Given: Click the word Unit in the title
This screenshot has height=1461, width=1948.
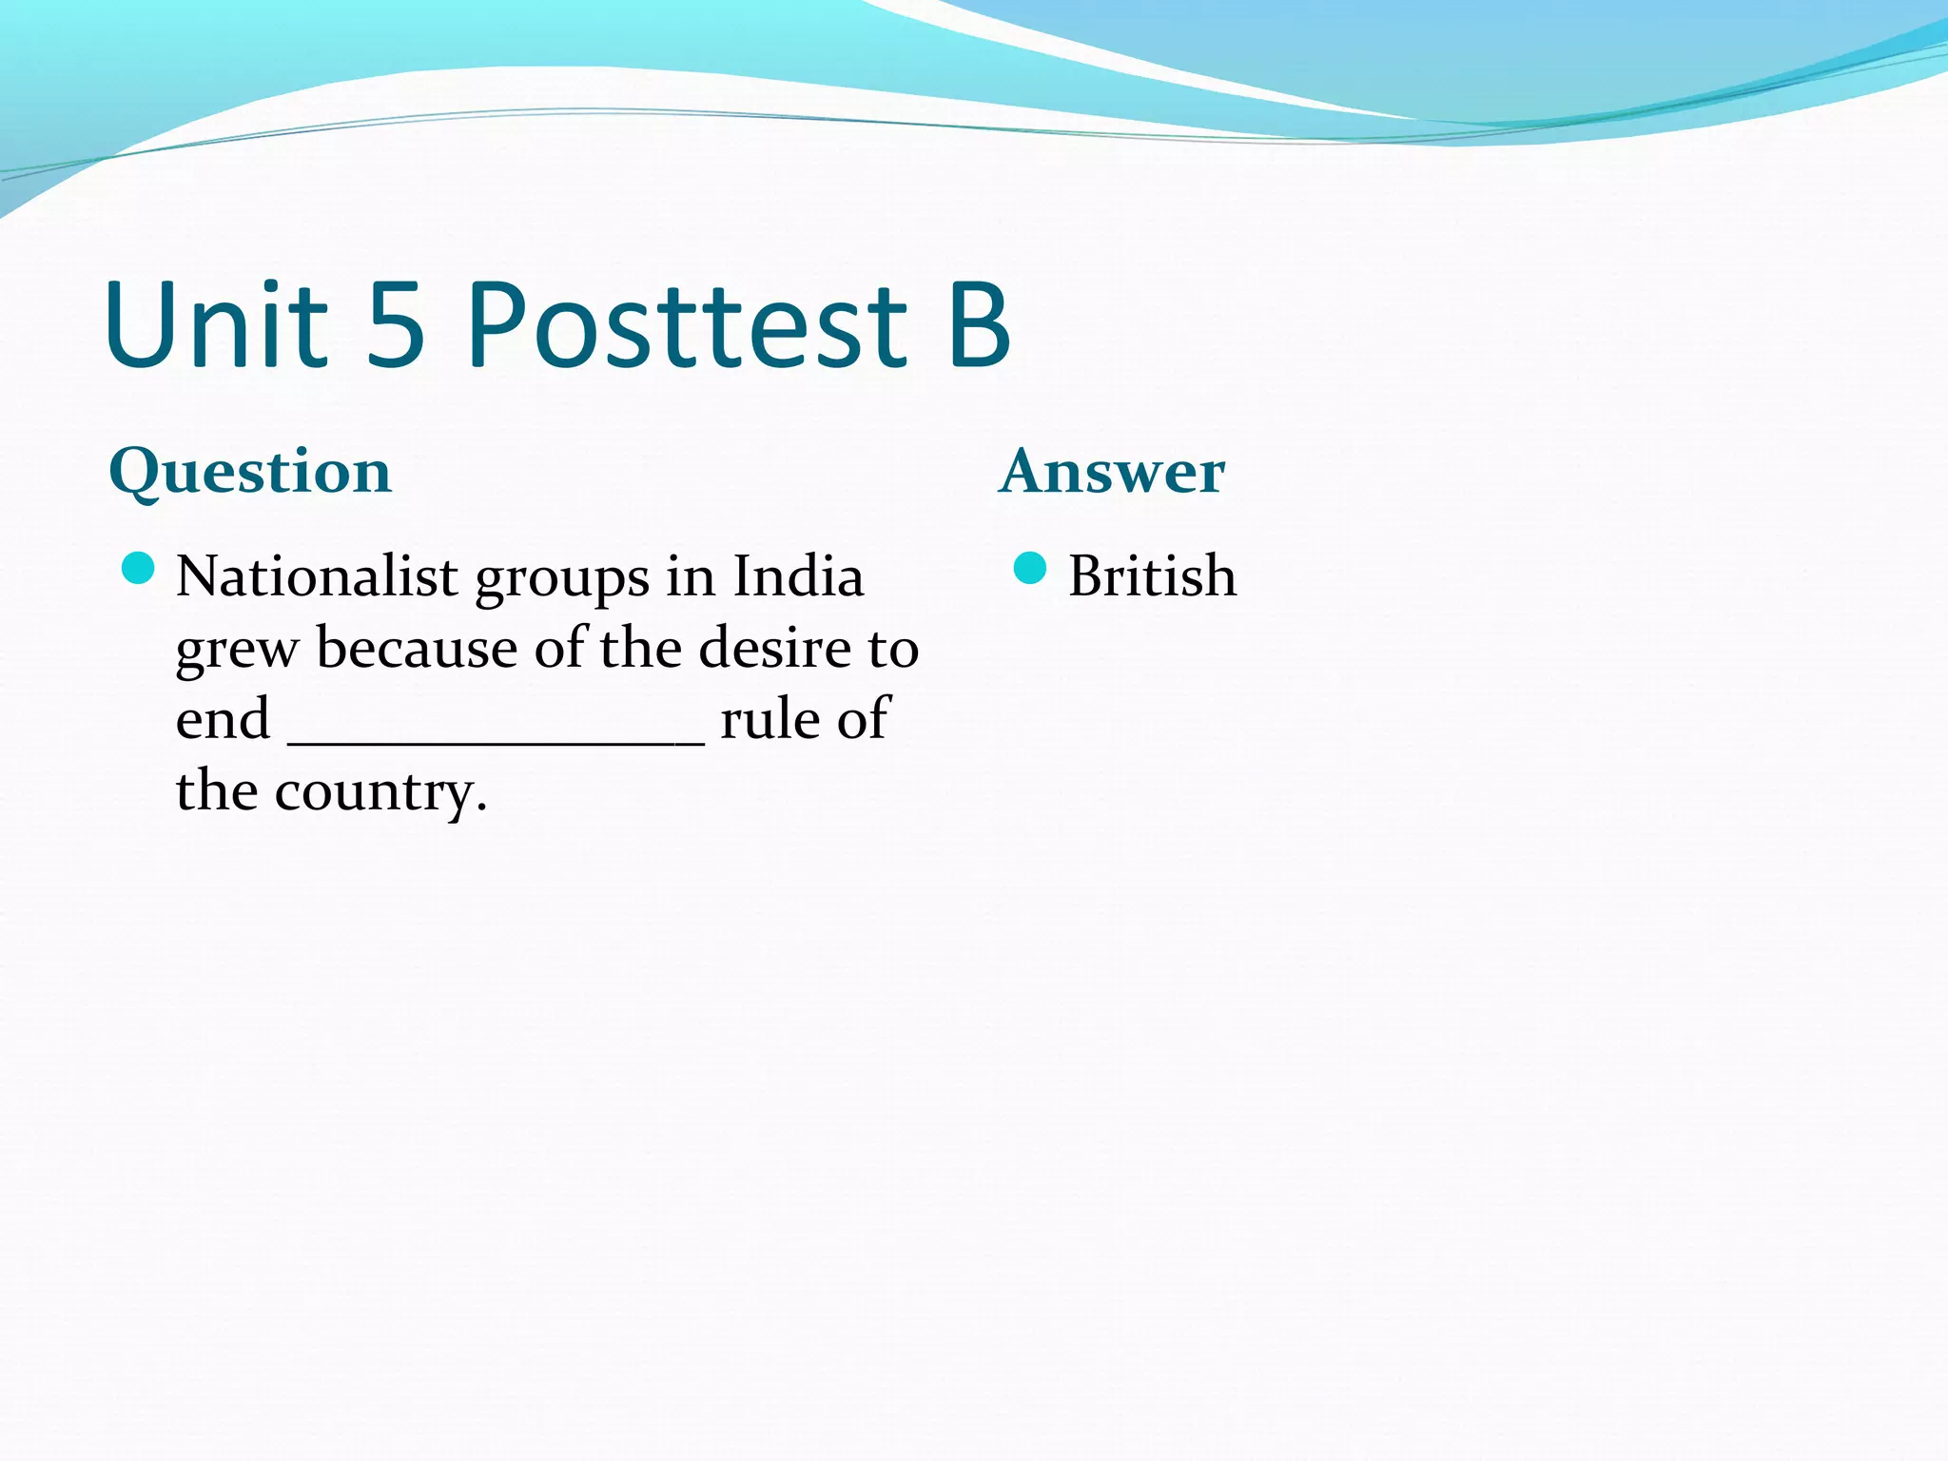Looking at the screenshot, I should pyautogui.click(x=217, y=325).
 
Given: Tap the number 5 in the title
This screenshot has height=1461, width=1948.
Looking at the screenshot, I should pyautogui.click(x=395, y=325).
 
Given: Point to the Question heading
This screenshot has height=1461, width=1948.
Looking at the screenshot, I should pyautogui.click(x=250, y=472).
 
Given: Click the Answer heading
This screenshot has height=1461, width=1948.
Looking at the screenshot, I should pyautogui.click(x=1112, y=472).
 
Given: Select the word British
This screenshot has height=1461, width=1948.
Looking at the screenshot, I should pyautogui.click(x=1152, y=576).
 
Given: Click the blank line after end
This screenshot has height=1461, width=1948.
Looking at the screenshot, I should pyautogui.click(x=496, y=742).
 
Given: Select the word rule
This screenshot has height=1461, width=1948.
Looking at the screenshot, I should pyautogui.click(x=769, y=719).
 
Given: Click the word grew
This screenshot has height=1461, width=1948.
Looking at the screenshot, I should pyautogui.click(x=237, y=653).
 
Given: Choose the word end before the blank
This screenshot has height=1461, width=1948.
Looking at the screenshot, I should pyautogui.click(x=223, y=719).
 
